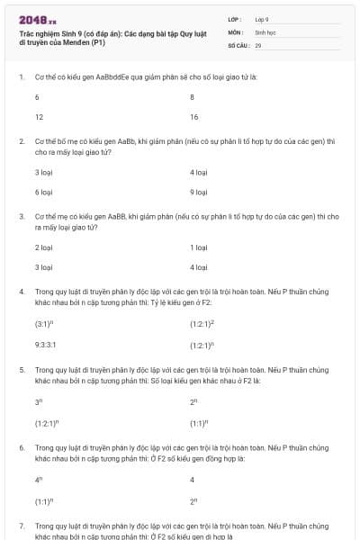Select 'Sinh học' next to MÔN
click(x=265, y=31)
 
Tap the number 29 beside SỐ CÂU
click(x=258, y=44)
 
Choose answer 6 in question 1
click(x=37, y=96)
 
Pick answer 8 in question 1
click(x=192, y=96)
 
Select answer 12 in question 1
click(x=39, y=117)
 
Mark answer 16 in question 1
click(x=193, y=117)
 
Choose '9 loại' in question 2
click(x=199, y=192)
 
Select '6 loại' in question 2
click(x=43, y=192)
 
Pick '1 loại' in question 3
click(x=199, y=246)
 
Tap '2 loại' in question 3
click(x=43, y=246)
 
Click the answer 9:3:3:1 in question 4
click(x=45, y=344)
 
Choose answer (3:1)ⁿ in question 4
click(x=44, y=322)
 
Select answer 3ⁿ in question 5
click(x=39, y=400)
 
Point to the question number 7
click(x=21, y=525)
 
